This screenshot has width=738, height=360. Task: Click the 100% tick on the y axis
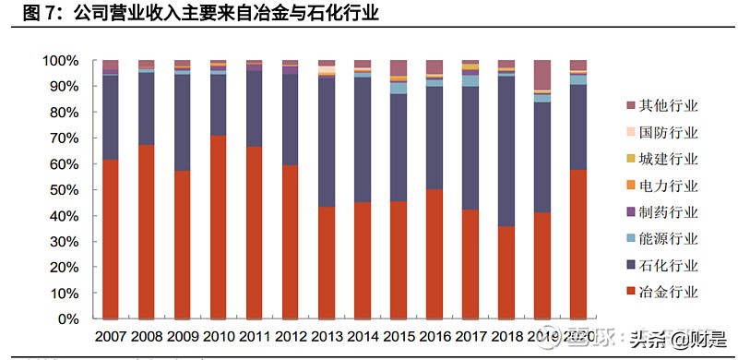(60, 61)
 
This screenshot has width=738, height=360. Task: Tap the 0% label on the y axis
(67, 319)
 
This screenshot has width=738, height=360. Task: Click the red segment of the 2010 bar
(218, 226)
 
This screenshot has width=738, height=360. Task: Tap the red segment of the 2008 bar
(146, 231)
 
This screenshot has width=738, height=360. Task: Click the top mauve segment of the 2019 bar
(542, 74)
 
